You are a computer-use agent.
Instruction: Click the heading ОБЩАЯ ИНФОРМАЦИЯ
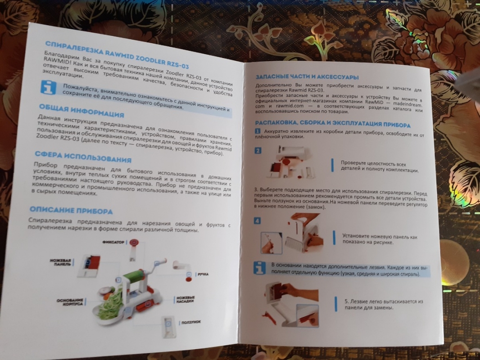82,111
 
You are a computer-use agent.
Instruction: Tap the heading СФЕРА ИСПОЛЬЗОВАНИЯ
83,157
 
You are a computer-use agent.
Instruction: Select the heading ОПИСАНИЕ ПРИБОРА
71,210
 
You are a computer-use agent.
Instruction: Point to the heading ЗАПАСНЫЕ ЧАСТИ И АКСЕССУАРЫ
307,77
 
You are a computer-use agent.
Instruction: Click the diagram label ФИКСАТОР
113,242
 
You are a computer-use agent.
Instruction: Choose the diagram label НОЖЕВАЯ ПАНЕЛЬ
61,262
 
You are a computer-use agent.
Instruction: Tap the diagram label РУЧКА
203,274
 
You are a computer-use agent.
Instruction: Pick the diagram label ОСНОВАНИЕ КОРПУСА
70,302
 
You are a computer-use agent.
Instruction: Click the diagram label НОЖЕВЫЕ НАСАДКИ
186,299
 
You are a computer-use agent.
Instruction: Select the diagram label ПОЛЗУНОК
191,322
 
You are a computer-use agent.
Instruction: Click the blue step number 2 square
258,150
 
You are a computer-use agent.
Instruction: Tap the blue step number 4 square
257,220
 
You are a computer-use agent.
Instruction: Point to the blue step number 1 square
258,131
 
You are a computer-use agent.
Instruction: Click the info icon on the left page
48,88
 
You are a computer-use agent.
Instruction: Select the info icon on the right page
260,268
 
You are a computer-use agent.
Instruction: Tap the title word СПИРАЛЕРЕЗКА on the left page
74,48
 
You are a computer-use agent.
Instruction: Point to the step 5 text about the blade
384,304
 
